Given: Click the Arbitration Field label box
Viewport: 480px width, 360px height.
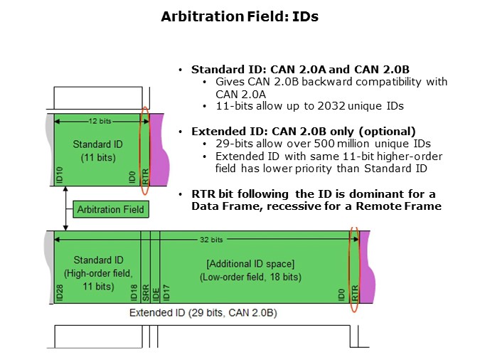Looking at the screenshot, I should coord(111,208).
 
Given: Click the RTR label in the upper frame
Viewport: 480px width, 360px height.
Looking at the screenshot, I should coord(145,176).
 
